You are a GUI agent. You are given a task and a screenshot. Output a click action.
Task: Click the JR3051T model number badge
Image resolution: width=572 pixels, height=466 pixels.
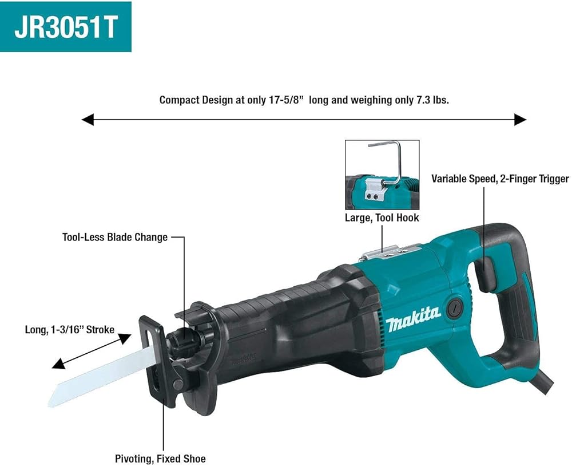click(66, 27)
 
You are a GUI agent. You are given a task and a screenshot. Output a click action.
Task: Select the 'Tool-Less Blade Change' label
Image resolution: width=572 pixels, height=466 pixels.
click(115, 237)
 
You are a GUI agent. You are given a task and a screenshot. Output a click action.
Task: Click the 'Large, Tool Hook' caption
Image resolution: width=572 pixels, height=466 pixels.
click(382, 218)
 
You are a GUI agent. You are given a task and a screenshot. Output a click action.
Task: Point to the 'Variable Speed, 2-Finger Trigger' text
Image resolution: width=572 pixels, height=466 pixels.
click(500, 179)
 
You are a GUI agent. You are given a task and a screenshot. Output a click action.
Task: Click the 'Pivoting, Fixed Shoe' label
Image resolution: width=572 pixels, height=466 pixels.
click(160, 459)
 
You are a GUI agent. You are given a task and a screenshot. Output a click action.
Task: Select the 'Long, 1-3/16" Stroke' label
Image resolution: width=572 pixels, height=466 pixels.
click(69, 329)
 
